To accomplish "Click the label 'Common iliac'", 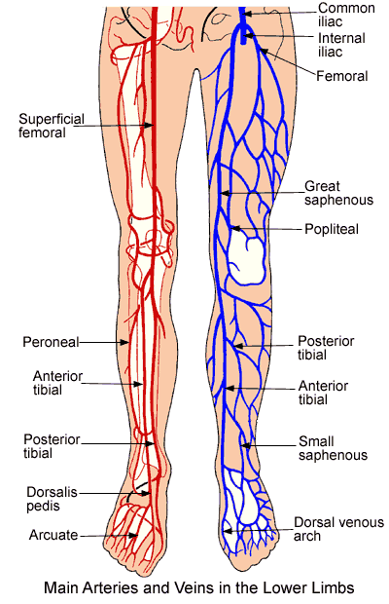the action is pyautogui.click(x=346, y=15).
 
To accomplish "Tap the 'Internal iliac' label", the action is pyautogui.click(x=341, y=45).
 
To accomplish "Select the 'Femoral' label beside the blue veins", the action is pyautogui.click(x=341, y=76).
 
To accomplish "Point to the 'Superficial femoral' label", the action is pyautogui.click(x=52, y=126).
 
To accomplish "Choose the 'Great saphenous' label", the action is pyautogui.click(x=338, y=193).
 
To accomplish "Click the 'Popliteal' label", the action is pyautogui.click(x=332, y=229).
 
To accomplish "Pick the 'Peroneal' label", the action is pyautogui.click(x=51, y=342).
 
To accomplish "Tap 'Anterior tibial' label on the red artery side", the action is pyautogui.click(x=57, y=383).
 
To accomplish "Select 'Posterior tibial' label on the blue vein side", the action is pyautogui.click(x=326, y=348).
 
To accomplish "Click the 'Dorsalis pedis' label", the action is pyautogui.click(x=52, y=499).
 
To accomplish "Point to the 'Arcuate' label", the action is pyautogui.click(x=53, y=535).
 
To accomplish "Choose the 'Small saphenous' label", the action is pyautogui.click(x=333, y=448).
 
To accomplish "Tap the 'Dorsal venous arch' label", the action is pyautogui.click(x=338, y=529).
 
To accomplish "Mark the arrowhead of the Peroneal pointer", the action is pyautogui.click(x=124, y=342).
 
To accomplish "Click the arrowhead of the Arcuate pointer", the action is pyautogui.click(x=133, y=535).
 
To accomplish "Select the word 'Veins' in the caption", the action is pyautogui.click(x=194, y=587).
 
